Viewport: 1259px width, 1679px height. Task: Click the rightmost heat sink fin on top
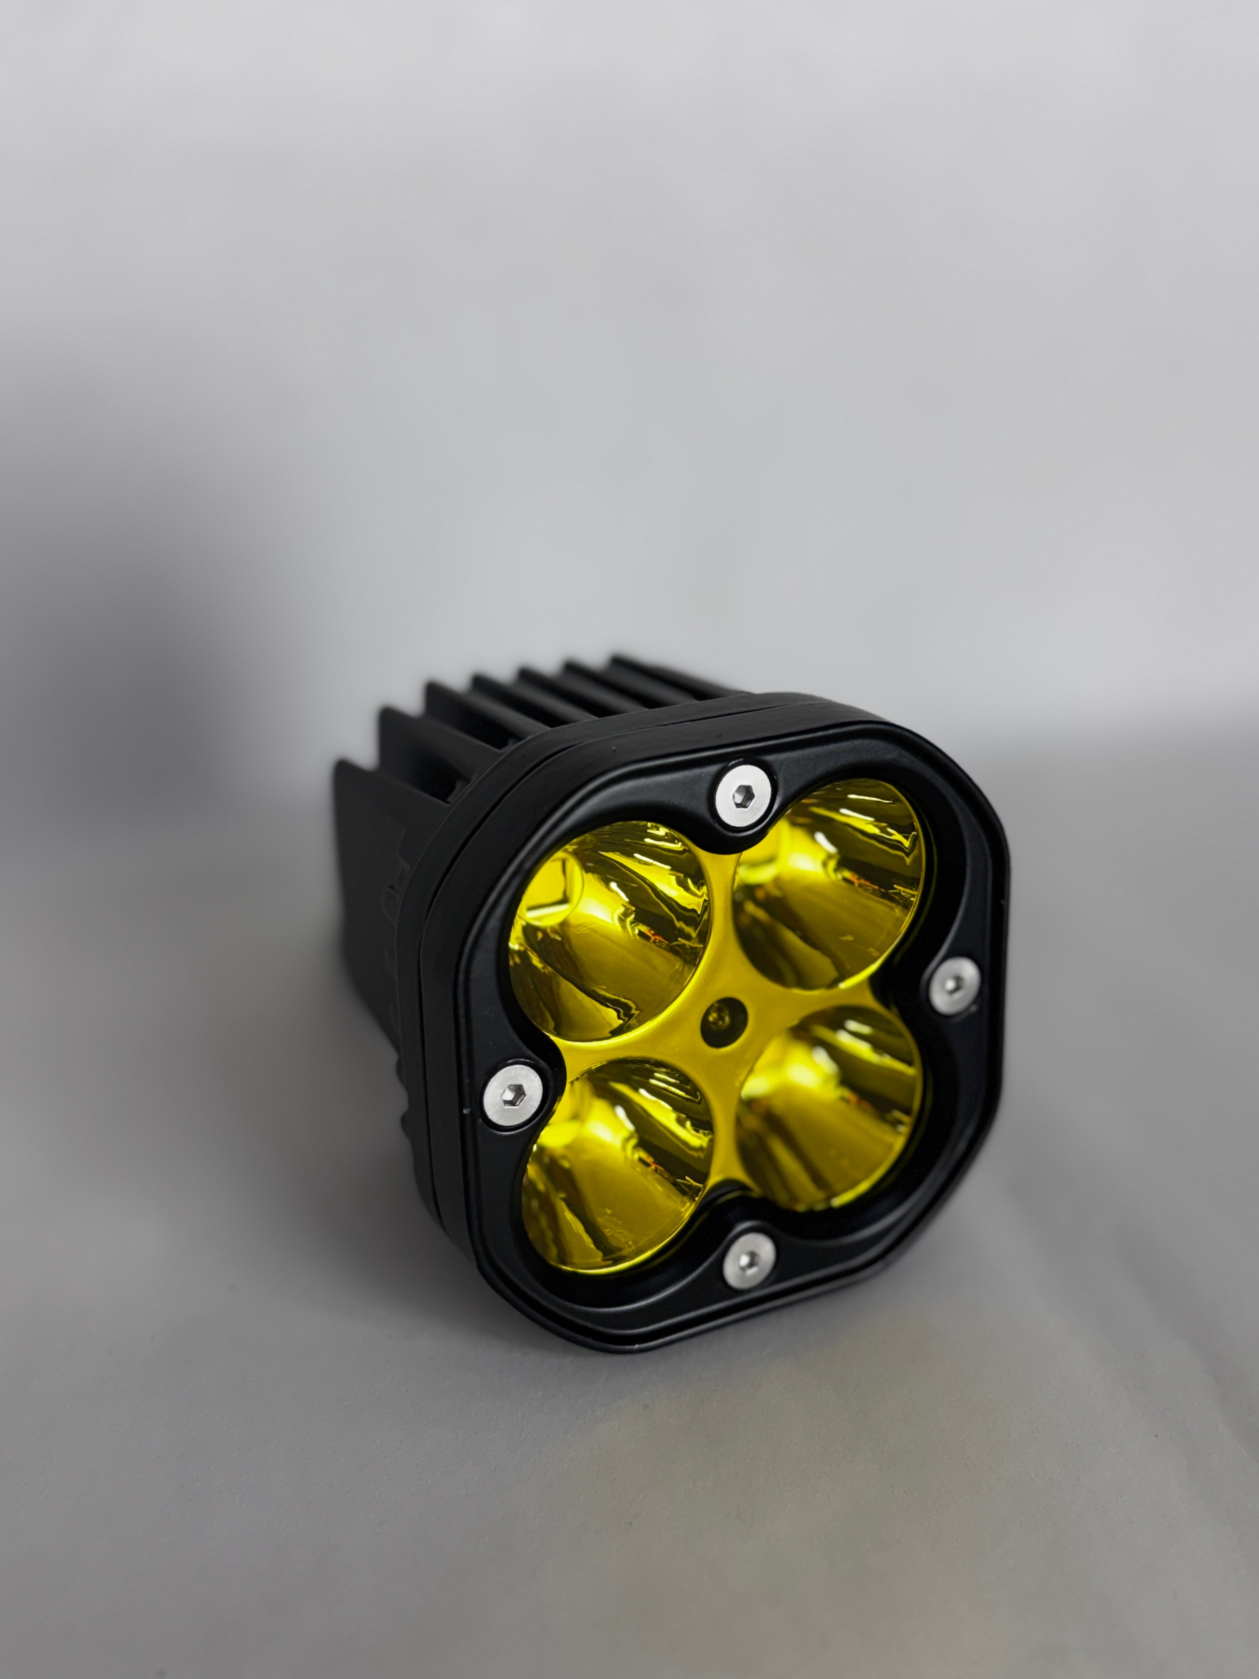click(653, 672)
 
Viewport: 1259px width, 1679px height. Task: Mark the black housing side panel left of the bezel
click(379, 949)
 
